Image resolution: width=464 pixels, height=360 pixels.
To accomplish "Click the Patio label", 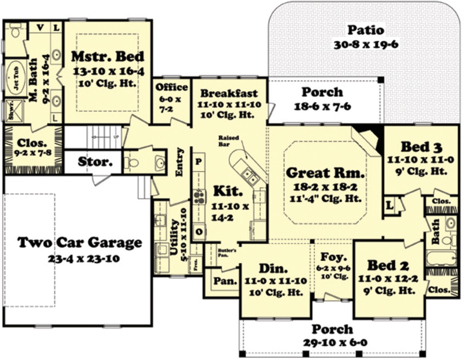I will coord(365,30).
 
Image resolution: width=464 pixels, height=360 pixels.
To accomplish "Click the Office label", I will coord(172,87).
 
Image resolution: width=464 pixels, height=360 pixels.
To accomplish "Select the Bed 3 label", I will coord(421,147).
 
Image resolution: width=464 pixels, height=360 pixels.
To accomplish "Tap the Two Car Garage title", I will coord(80,243).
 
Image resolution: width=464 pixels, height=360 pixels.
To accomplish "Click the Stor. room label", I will coord(95,162).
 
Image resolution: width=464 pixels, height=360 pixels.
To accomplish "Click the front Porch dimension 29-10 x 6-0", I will coord(332,342).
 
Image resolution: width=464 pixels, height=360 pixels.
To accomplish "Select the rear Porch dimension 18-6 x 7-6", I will coord(322,107).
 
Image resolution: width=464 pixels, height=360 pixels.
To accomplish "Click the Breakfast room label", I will coord(229,93).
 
